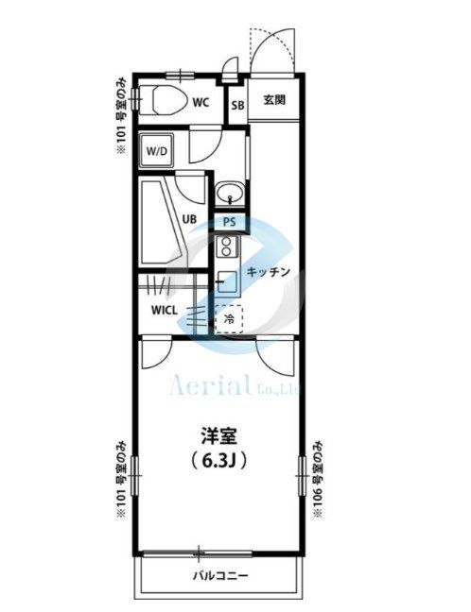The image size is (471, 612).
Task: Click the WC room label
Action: pos(201,102)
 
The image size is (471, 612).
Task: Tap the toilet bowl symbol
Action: pos(169,99)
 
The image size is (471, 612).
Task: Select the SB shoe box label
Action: pos(237,106)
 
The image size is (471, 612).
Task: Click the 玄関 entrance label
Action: pos(274,100)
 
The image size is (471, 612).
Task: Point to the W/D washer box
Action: pos(156,151)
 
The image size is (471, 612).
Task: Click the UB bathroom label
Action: pos(189,219)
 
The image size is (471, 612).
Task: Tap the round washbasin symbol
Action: pos(230,193)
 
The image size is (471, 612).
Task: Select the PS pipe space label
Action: pos(230,222)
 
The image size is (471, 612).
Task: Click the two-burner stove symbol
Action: pos(227,246)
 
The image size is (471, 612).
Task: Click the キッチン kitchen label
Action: pos(269,272)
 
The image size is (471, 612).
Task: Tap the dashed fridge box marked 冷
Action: pos(229,319)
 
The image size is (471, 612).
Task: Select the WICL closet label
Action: pos(165,311)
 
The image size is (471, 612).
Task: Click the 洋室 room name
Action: pos(219,436)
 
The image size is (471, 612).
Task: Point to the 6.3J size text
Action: pos(218,462)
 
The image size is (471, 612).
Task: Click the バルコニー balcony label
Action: pos(220,576)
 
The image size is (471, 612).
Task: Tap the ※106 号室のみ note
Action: pos(318,479)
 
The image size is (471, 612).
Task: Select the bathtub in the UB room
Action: pos(163,222)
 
